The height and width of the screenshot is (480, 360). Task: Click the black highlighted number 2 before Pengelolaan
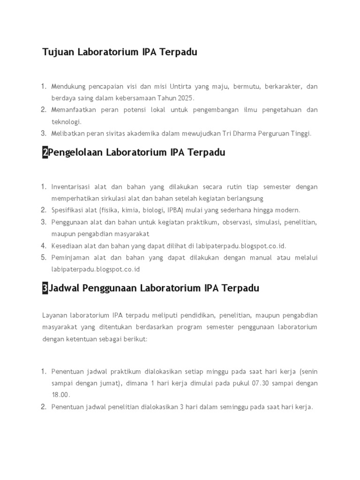point(45,152)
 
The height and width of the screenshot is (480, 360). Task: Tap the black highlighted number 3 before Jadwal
point(45,288)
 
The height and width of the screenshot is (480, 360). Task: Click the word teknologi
point(66,121)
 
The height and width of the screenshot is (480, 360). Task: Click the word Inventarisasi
point(71,187)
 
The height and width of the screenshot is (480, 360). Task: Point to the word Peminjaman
point(70,257)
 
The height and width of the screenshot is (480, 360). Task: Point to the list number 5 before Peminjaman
point(43,257)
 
